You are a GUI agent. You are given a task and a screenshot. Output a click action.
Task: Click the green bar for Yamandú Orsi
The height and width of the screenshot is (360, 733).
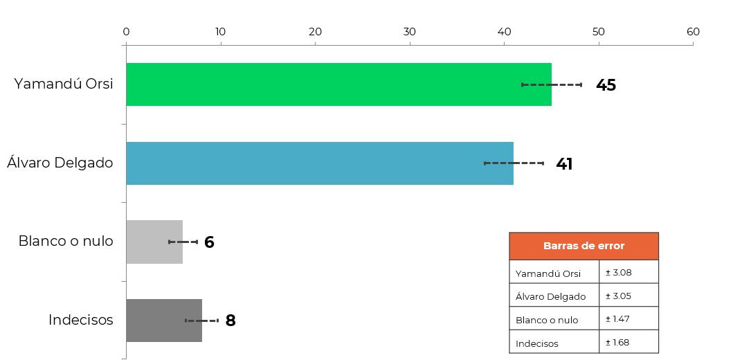tap(339, 84)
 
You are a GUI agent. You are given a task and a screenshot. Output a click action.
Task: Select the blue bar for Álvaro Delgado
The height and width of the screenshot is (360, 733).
tap(320, 163)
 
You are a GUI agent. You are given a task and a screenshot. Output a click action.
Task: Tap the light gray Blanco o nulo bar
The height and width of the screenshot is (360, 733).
tap(154, 242)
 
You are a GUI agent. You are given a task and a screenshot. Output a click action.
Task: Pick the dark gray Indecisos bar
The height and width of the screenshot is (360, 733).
tap(164, 321)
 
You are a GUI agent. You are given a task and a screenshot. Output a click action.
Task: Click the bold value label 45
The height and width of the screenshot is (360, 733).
tap(606, 85)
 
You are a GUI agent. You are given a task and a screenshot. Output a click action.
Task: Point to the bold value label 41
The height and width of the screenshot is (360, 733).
tap(564, 163)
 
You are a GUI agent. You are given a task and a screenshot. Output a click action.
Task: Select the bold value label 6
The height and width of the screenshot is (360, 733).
tap(209, 242)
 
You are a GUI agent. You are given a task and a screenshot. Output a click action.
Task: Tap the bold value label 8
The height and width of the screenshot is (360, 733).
tap(230, 321)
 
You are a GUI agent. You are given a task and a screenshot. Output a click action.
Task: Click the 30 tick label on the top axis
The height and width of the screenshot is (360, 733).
tap(410, 32)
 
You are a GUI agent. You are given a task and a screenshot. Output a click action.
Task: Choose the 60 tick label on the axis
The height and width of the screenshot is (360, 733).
tap(694, 32)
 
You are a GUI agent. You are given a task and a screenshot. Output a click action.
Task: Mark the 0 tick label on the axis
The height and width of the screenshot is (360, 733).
tap(126, 32)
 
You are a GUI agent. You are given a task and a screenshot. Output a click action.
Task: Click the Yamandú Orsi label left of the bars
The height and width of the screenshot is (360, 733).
tap(64, 84)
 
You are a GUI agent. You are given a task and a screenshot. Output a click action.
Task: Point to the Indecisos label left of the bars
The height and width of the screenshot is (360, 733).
tap(81, 321)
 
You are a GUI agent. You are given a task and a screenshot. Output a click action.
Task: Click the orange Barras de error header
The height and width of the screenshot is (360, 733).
tap(584, 246)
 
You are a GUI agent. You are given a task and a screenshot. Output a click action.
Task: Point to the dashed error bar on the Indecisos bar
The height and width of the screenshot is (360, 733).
tap(202, 321)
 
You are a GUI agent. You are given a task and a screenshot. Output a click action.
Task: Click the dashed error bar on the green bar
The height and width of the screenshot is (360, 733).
tap(552, 84)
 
